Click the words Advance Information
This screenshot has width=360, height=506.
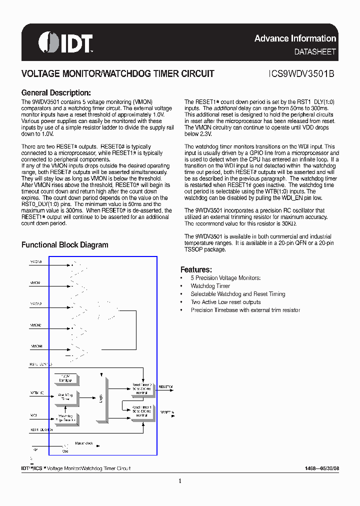coord(295,38)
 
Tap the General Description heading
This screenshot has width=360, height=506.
coord(56,92)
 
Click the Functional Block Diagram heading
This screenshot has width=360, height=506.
coord(64,244)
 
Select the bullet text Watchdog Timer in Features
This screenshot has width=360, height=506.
coord(210,286)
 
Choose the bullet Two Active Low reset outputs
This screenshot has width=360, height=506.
coord(225,302)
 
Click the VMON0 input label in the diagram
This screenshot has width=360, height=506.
coord(36,261)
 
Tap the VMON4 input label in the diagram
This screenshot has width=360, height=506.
coord(36,346)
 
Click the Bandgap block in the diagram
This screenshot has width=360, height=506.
coord(65,378)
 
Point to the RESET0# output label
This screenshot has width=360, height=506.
coord(165,387)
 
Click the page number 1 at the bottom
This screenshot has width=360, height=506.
coord(179,481)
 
